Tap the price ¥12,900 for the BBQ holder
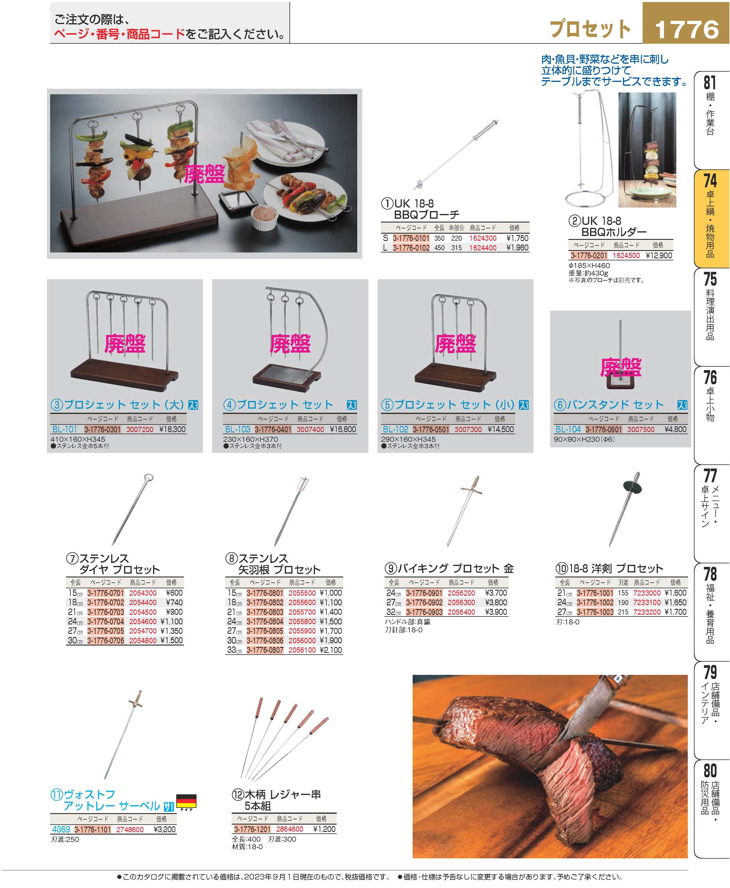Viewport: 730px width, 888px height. (659, 255)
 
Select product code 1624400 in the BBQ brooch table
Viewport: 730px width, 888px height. (483, 248)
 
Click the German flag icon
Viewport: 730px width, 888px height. (186, 801)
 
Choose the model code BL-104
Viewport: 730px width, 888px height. (568, 429)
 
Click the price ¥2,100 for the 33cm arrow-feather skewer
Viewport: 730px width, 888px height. (331, 650)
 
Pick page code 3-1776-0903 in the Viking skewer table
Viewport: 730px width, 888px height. (424, 612)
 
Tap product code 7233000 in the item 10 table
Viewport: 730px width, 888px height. (647, 593)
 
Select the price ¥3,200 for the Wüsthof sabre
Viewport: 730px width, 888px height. (165, 830)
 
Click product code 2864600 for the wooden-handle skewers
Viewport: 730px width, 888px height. (290, 829)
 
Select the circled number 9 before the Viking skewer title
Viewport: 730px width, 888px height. (390, 569)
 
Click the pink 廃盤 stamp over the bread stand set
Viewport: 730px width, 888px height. (621, 368)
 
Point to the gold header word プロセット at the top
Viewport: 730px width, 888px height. (590, 29)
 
